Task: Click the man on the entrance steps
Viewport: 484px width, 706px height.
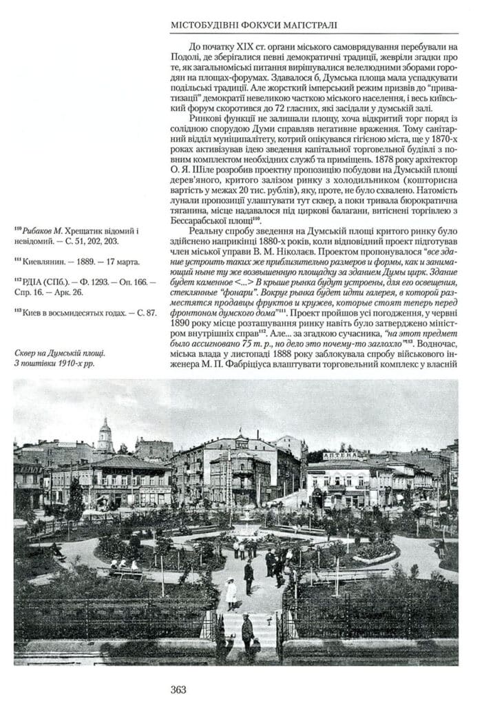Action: coord(248,630)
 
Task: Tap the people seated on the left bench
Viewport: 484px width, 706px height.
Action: coord(124,567)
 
